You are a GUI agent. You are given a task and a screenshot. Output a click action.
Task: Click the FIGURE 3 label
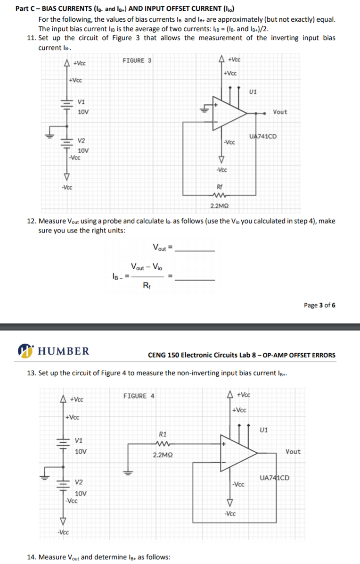tap(137, 60)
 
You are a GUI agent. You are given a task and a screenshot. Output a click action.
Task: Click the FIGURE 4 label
tap(139, 396)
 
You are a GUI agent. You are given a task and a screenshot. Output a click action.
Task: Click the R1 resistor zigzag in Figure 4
tap(163, 443)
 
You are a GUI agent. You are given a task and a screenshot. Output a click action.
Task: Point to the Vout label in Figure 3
tap(280, 112)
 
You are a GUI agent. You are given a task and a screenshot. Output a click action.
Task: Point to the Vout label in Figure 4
tap(293, 451)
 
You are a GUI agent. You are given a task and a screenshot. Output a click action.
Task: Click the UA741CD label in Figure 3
tap(262, 136)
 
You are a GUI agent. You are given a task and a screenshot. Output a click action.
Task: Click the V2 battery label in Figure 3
tap(82, 141)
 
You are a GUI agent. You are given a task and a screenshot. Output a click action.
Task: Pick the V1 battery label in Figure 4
tap(79, 440)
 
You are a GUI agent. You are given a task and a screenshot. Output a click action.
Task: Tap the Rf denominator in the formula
tap(147, 285)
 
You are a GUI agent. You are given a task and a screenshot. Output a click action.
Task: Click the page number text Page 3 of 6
tap(319, 305)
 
